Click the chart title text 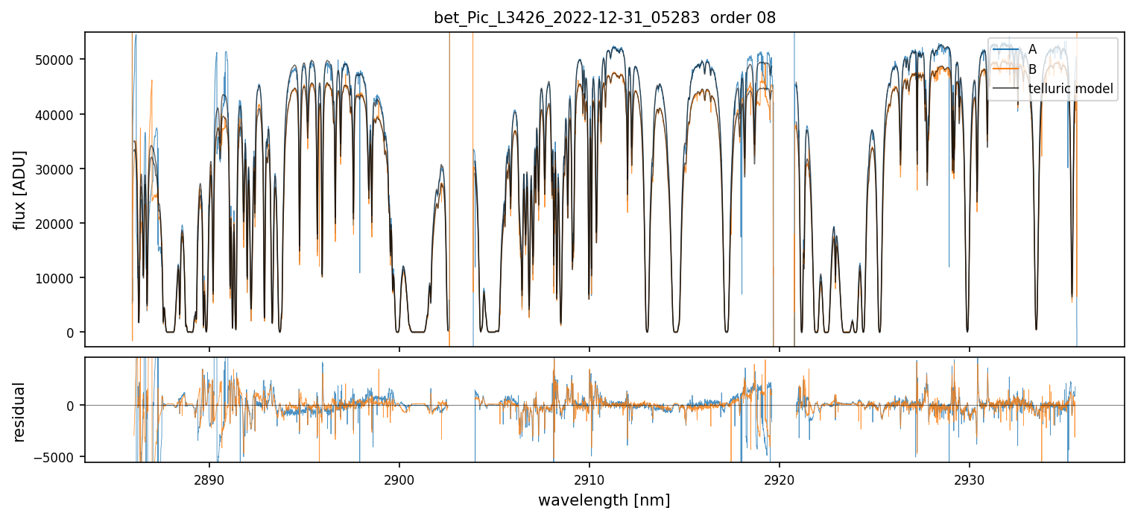[604, 18]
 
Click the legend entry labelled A [1032, 49]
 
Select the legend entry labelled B [1032, 69]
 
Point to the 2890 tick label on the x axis [209, 476]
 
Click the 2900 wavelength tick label [399, 476]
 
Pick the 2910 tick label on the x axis [589, 476]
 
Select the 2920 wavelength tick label [779, 476]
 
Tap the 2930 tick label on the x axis [969, 476]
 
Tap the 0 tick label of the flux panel [72, 332]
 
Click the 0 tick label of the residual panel [72, 405]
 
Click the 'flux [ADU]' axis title [19, 189]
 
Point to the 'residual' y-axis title [19, 412]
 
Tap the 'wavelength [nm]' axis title [604, 500]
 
